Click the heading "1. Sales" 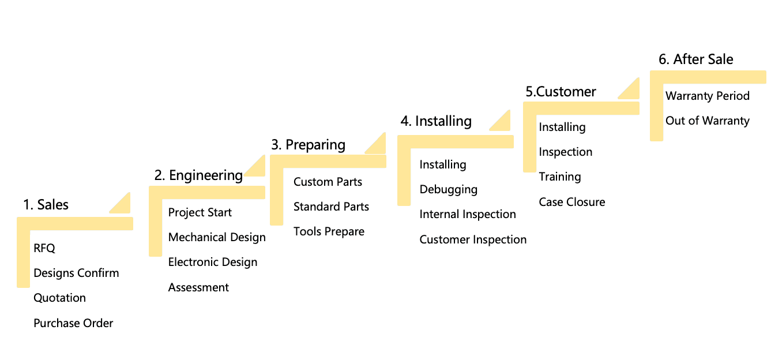click(x=46, y=205)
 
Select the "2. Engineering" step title click(x=198, y=175)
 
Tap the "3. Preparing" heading click(x=308, y=145)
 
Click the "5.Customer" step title click(x=561, y=92)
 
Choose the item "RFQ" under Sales click(x=44, y=248)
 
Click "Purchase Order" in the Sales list click(x=73, y=323)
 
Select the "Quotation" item click(x=59, y=298)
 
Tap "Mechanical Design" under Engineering click(x=217, y=237)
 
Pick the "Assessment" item click(x=198, y=287)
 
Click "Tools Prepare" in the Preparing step click(x=329, y=231)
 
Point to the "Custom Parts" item click(x=328, y=182)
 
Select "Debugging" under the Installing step click(x=448, y=189)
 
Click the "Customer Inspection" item click(x=473, y=239)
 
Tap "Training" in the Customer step click(x=559, y=177)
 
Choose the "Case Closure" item click(x=572, y=202)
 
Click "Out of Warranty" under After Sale click(x=707, y=121)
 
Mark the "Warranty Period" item click(x=707, y=96)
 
